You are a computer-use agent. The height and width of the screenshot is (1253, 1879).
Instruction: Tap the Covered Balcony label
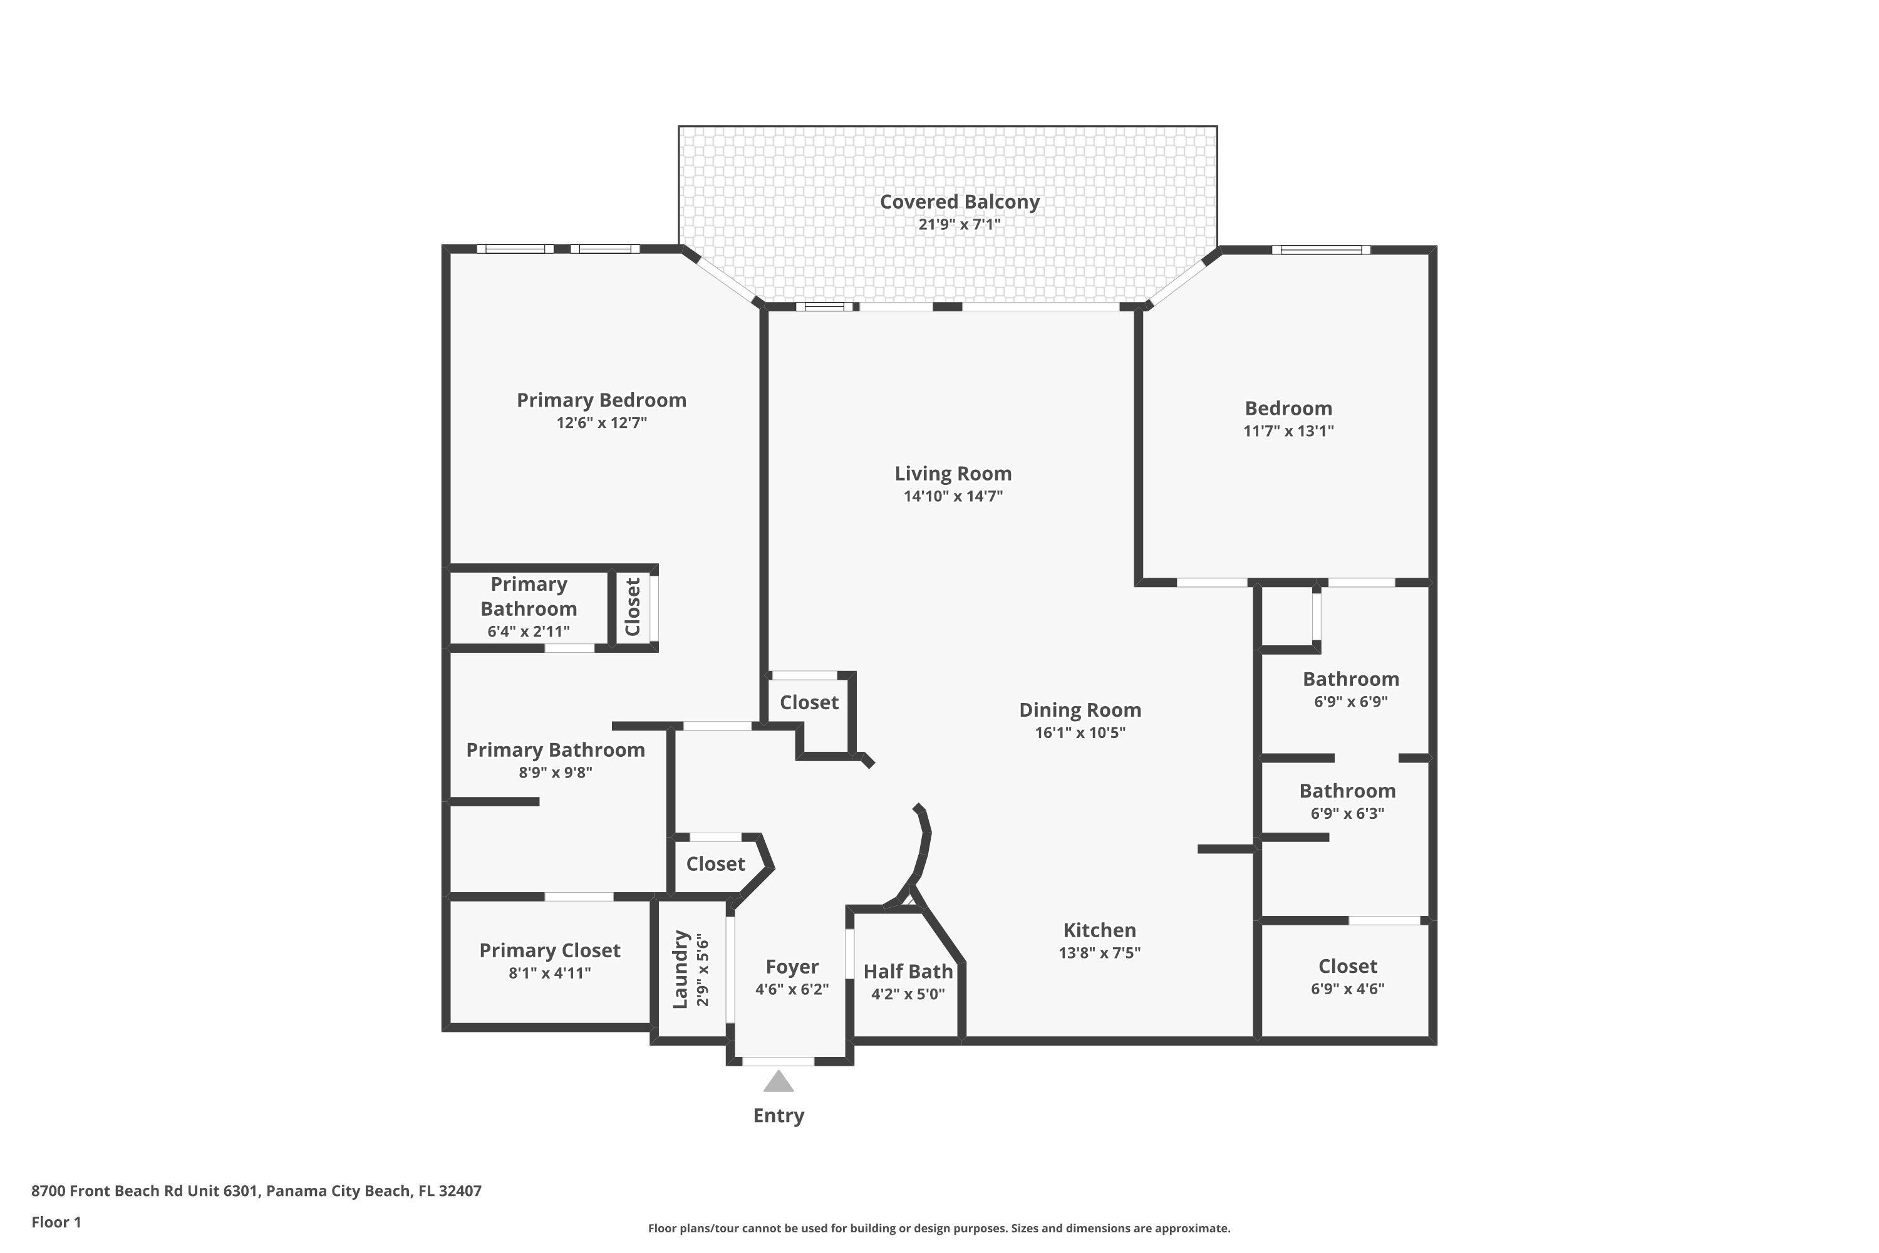click(x=959, y=202)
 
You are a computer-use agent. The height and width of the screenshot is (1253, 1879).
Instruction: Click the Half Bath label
click(x=908, y=971)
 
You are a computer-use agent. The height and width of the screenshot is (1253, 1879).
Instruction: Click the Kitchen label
click(x=1099, y=930)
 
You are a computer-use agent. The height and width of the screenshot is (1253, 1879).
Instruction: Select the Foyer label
click(x=791, y=967)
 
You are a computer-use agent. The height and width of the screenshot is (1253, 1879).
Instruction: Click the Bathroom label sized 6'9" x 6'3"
click(x=1347, y=791)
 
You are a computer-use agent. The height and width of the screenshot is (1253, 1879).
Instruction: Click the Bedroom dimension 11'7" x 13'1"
click(x=1288, y=431)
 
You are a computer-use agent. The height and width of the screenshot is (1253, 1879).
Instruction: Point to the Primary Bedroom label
click(x=601, y=400)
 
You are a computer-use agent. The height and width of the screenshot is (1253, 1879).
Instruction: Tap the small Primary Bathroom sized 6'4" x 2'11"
click(x=528, y=607)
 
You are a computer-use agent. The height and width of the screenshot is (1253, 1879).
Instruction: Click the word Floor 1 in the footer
click(x=56, y=1222)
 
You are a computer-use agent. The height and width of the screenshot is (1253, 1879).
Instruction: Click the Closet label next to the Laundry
click(x=715, y=864)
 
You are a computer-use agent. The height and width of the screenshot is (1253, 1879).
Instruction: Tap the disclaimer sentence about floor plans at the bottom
click(x=939, y=1228)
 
